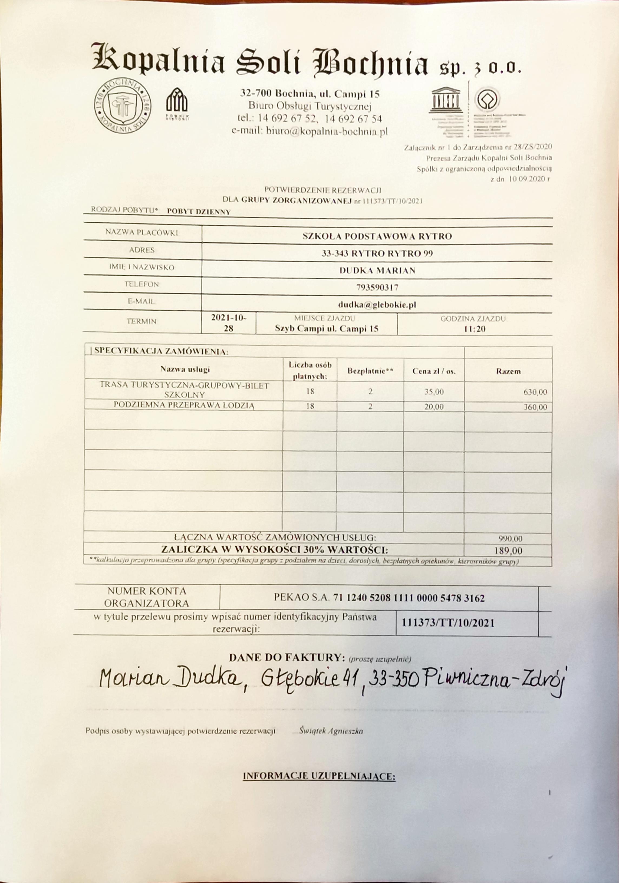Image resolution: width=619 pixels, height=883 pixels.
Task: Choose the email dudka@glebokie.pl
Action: pos(377,305)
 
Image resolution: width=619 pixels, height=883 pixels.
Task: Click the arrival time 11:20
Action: pos(475,329)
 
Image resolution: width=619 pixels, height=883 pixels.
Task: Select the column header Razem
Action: pos(508,371)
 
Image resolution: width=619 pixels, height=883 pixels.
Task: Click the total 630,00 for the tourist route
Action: pos(535,392)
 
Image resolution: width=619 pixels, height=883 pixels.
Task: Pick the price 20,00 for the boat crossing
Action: pos(434,407)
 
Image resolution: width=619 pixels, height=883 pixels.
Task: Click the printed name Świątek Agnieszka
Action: pos(331,731)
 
